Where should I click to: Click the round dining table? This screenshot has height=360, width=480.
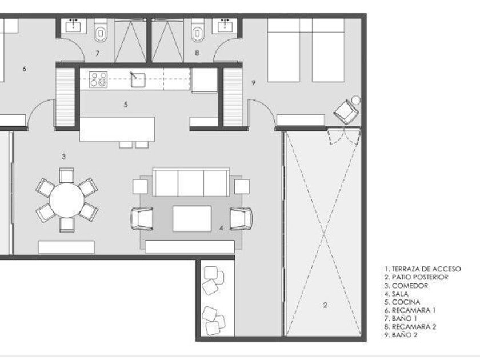pos(67,200)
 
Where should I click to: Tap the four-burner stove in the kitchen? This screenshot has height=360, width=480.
pos(98,79)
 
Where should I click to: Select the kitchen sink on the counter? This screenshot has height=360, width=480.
pos(138,80)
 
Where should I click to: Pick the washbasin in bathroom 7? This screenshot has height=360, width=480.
pos(74,25)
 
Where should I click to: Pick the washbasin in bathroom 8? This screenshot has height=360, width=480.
pos(226,25)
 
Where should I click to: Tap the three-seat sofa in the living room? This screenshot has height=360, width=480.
pos(191,182)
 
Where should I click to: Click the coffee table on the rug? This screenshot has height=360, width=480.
pos(192,218)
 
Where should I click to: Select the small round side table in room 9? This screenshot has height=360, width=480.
pos(355,100)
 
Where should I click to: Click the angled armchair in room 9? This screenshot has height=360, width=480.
pos(346,112)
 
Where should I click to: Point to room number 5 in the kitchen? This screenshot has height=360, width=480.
pos(126,105)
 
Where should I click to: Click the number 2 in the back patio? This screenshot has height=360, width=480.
pos(325,305)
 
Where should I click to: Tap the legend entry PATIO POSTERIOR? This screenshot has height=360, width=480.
pos(417,277)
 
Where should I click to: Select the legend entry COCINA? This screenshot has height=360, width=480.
pos(402,302)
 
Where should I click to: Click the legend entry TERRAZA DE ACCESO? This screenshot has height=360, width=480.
pos(422,269)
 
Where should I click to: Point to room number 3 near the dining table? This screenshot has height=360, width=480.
pos(63,157)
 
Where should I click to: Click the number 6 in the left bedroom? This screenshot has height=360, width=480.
pos(24,69)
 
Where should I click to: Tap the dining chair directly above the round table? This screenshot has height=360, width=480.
pos(66,175)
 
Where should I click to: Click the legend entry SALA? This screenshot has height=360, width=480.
pos(397,294)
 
